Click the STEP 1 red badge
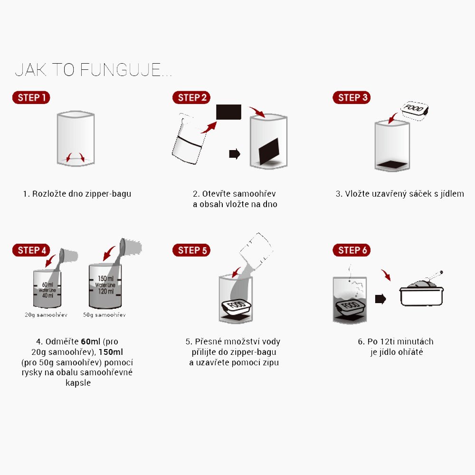pos(31,97)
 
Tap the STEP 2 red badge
pos(191,97)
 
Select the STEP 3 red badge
pos(351,97)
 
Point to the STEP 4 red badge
pos(31,250)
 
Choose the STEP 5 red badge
pos(191,250)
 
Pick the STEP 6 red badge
pos(351,250)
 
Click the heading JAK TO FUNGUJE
pos(93,70)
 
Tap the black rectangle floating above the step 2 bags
pos(228,112)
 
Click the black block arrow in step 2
pos(235,153)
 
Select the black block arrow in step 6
pos(380,299)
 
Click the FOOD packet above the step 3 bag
pos(414,111)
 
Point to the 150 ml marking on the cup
pos(106,278)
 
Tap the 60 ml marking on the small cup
pos(47,285)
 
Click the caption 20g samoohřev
pos(46,315)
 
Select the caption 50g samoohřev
pos(104,315)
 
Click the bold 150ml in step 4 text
pos(111,352)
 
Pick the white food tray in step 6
pos(421,296)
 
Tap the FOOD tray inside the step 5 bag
pos(237,306)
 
